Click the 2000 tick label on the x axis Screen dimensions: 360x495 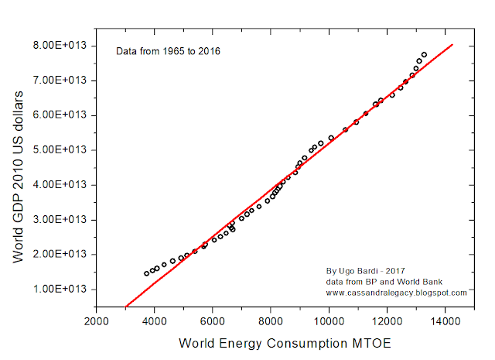coord(97,321)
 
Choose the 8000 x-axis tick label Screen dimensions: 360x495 coord(271,321)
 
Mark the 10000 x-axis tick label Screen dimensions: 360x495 coord(329,321)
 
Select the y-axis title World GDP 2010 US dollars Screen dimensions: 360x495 coord(21,176)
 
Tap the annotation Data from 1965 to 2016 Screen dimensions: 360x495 coord(168,52)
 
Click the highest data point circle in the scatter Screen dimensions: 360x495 coord(424,55)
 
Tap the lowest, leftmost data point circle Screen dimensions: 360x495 coord(147,273)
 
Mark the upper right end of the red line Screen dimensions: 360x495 coord(452,44)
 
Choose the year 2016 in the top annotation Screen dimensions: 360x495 coord(210,52)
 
